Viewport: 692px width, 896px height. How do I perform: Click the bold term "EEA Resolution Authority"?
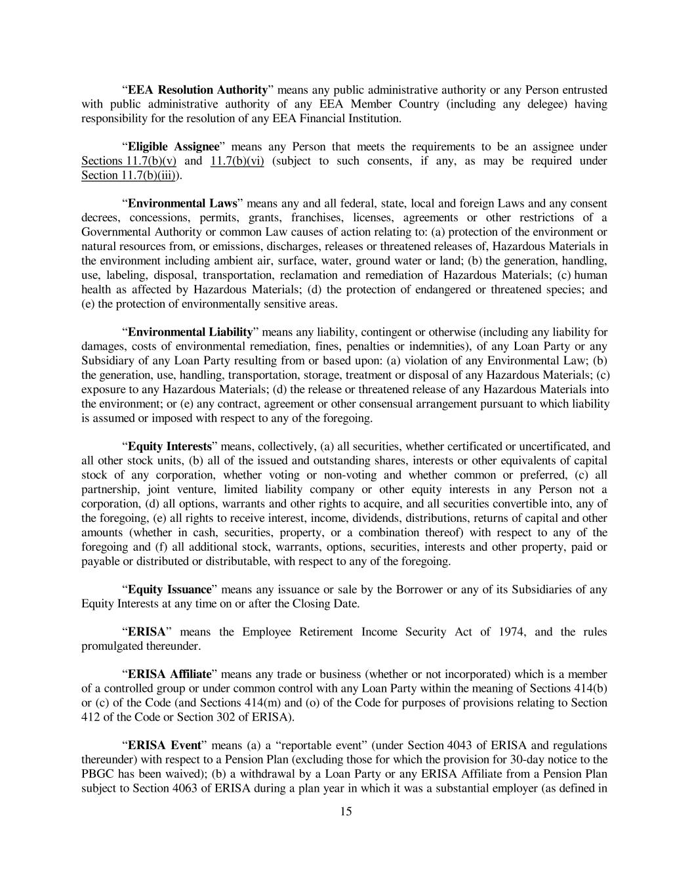pyautogui.click(x=197, y=90)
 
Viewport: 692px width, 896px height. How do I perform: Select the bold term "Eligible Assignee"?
pyautogui.click(x=173, y=146)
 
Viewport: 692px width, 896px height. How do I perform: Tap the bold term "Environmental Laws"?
pyautogui.click(x=182, y=203)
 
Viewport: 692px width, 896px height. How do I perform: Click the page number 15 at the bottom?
pyautogui.click(x=346, y=811)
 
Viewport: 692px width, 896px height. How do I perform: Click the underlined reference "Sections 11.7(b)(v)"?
pyautogui.click(x=129, y=161)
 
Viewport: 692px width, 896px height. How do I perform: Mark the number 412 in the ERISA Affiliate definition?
pyautogui.click(x=89, y=717)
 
